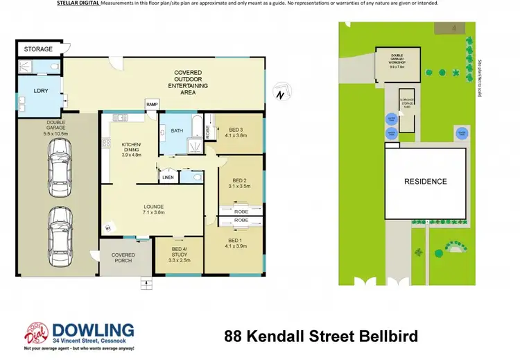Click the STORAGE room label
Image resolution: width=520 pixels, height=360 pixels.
[x=38, y=49]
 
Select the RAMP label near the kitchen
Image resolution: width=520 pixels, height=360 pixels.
[x=151, y=104]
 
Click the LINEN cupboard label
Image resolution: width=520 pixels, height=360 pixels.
[x=168, y=178]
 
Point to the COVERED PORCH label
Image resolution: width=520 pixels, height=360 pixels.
[x=123, y=258]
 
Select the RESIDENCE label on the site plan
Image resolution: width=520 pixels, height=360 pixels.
[x=426, y=182]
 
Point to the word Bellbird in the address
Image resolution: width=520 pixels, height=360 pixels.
[x=385, y=337]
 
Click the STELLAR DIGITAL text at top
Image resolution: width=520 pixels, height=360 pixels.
[x=78, y=3]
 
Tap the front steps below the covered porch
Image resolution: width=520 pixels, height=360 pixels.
[x=146, y=281]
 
